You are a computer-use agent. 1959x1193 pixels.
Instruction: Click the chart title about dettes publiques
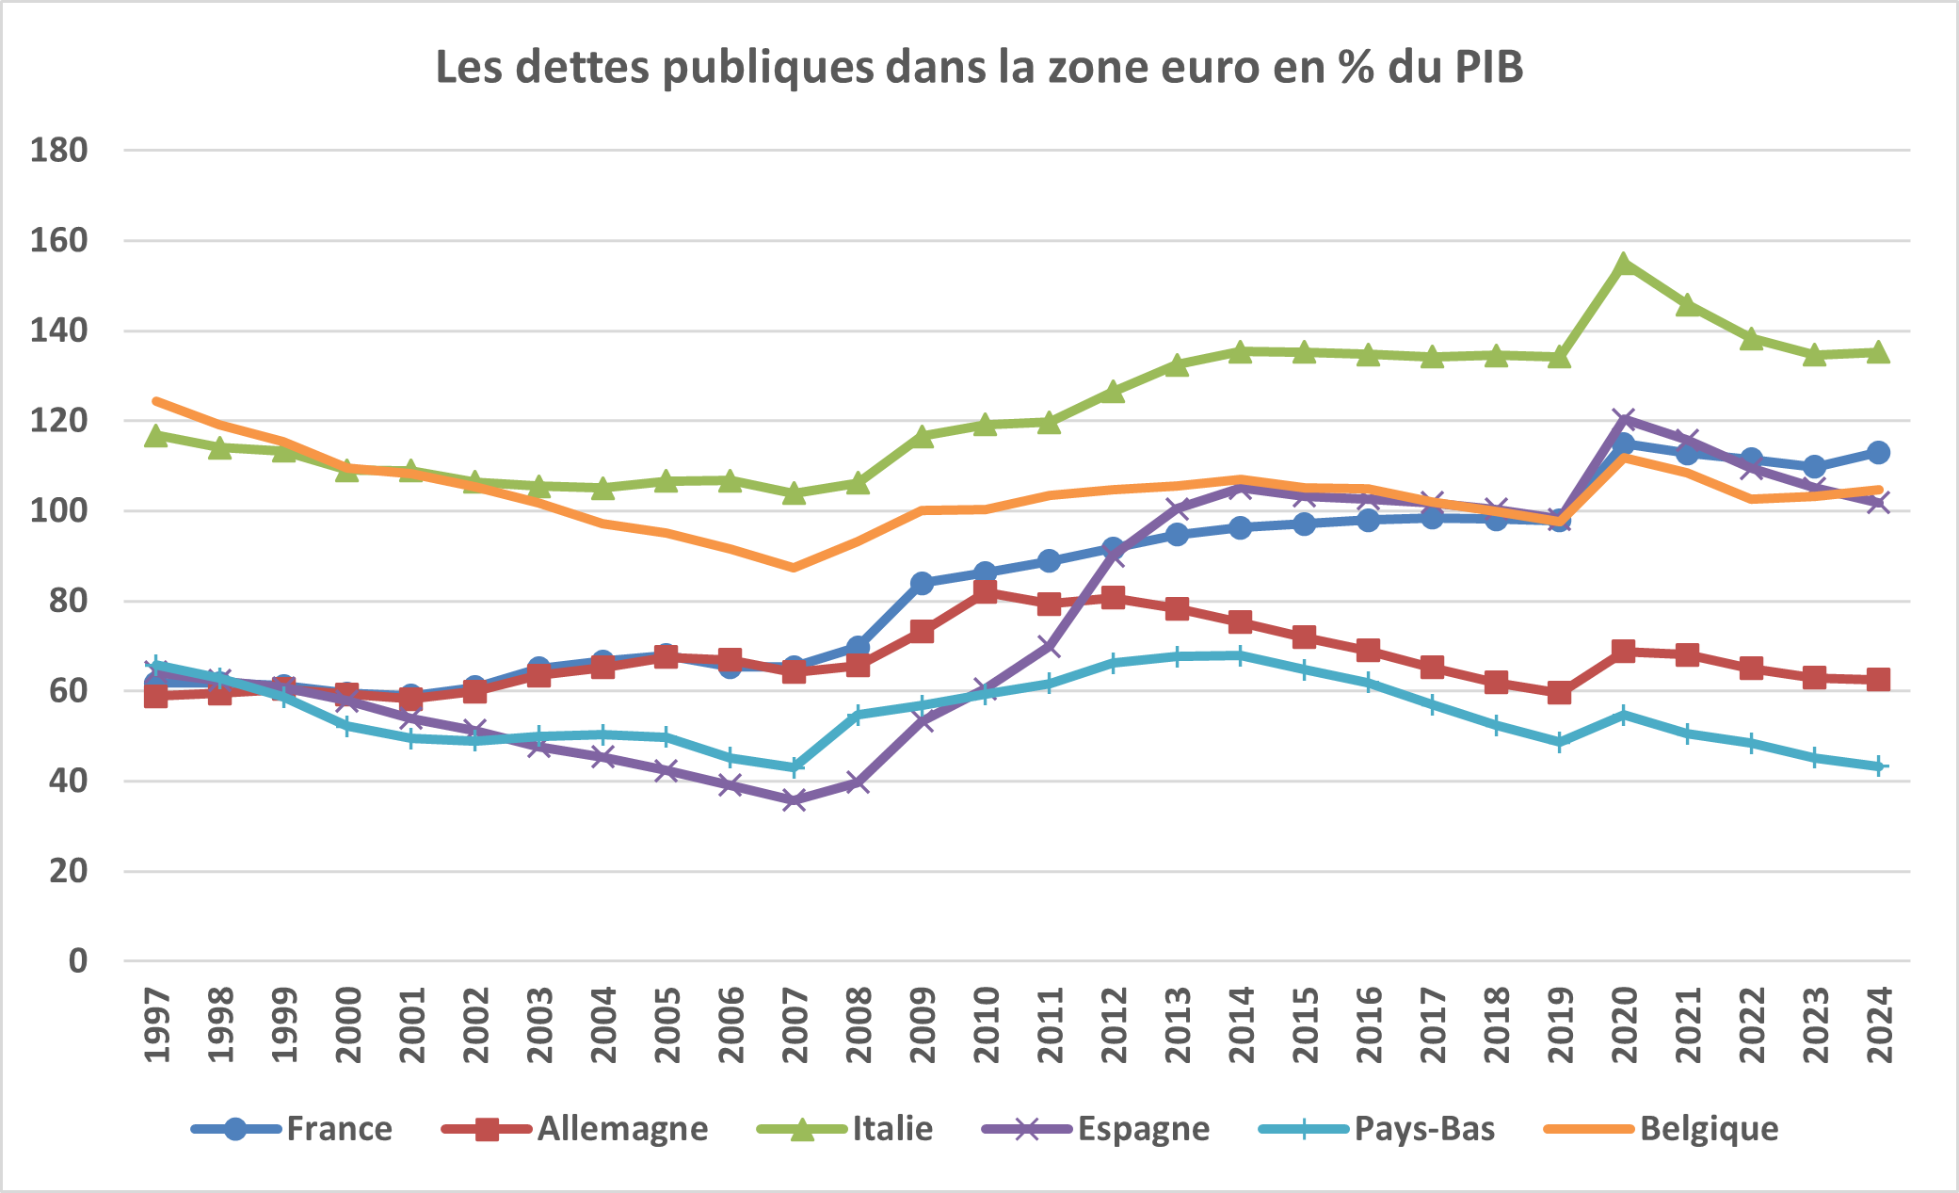pos(979,68)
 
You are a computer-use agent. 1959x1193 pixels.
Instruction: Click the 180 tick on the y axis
pos(59,150)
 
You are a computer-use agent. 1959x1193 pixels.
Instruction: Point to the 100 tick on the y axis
pos(59,510)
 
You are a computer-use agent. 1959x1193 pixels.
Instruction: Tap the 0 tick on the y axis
pos(77,961)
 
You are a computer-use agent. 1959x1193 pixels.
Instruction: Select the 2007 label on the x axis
pos(795,1024)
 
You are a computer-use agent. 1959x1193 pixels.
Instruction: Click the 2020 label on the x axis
pos(1625,1024)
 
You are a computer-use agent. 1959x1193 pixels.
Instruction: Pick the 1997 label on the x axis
pos(157,1024)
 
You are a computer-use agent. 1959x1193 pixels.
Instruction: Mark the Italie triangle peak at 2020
pos(1624,264)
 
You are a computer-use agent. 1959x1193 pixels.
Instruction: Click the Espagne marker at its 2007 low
pos(795,800)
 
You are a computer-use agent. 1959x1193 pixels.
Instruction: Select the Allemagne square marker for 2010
pos(986,591)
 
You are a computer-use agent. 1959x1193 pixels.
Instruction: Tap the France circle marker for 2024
pos(1878,452)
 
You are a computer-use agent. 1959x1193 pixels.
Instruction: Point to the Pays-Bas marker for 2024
pos(1879,766)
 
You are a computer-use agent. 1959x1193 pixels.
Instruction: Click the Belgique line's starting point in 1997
pos(156,401)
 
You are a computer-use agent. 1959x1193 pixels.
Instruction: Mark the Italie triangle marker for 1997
pos(156,436)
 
